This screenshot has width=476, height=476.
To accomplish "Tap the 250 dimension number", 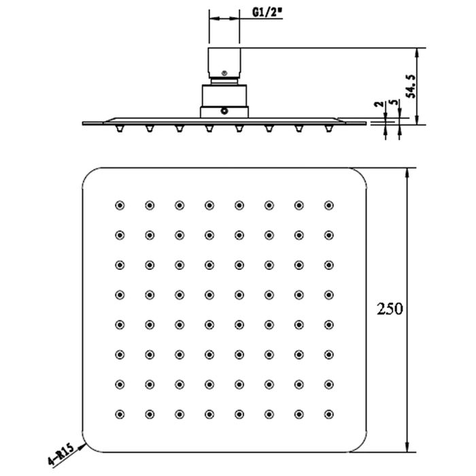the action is [390, 309].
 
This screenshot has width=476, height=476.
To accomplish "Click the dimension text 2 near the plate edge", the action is [379, 104].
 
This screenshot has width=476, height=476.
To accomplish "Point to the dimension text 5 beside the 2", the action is [394, 102].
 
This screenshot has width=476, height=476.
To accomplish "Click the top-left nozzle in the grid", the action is [120, 205].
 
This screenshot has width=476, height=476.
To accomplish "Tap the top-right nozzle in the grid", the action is [328, 205].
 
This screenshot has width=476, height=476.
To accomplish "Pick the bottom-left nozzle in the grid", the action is [120, 414].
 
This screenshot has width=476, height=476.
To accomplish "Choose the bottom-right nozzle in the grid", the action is [328, 414].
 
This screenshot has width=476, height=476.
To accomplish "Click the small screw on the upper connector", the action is [224, 73].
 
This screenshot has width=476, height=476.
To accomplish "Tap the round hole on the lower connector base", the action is [224, 111].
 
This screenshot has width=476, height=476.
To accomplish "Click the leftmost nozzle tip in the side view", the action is [120, 129].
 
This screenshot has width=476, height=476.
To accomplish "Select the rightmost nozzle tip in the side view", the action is [328, 129].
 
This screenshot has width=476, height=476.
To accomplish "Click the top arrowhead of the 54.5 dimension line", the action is [418, 54].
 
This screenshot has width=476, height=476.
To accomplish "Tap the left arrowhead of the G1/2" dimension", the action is [214, 18].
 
